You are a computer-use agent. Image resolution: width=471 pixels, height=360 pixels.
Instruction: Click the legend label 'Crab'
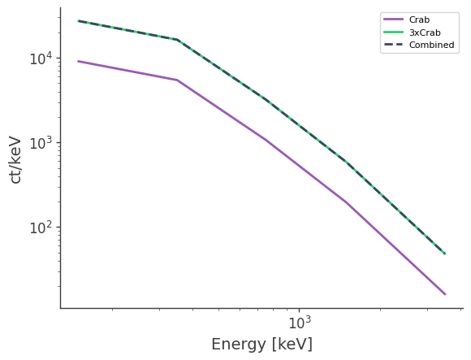coord(420,20)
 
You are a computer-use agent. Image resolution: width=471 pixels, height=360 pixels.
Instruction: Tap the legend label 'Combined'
coord(431,46)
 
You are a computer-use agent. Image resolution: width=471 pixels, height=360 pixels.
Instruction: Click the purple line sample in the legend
coord(394,20)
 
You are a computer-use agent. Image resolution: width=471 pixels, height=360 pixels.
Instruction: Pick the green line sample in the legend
coord(394,33)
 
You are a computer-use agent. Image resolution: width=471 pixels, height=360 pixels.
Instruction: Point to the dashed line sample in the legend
coord(394,46)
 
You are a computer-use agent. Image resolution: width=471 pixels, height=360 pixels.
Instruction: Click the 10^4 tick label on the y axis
coord(41,59)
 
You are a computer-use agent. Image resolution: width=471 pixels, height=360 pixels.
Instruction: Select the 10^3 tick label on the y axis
coord(41,143)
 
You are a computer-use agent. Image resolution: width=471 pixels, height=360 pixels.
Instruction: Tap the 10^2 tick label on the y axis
coord(41,228)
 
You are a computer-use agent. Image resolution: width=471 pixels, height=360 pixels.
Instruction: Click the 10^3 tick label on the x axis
coord(299,323)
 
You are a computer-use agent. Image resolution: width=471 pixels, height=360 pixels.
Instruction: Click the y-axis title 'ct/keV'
coord(15,159)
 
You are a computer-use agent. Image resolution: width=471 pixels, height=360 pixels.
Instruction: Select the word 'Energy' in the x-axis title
coord(239,345)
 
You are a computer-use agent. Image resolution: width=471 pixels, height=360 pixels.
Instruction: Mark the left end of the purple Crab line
coord(78,61)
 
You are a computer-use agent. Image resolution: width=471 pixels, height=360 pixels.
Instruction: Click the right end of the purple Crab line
coord(445,294)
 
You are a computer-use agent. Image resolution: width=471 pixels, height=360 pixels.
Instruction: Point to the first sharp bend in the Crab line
coord(177,80)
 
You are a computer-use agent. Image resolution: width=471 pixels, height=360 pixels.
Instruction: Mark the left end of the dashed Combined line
coord(78,20)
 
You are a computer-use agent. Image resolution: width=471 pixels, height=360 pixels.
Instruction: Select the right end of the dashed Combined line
coord(445,254)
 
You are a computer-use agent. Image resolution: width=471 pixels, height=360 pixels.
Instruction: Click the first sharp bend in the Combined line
coord(177,39)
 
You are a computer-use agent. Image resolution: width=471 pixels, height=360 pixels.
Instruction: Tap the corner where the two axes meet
coord(60,308)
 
